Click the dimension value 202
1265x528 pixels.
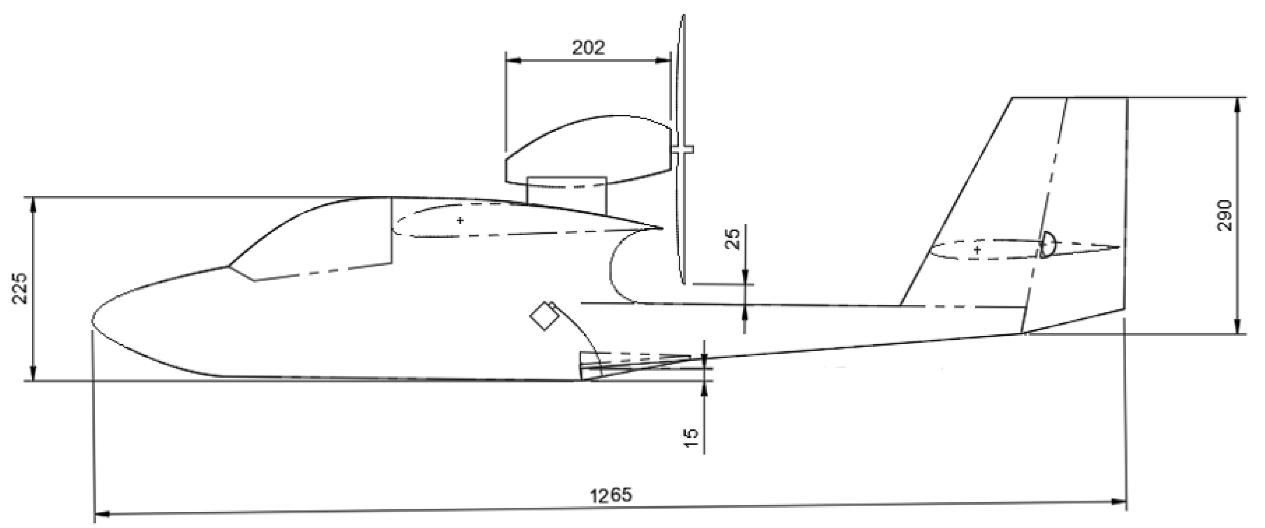588,48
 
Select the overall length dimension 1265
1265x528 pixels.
611,495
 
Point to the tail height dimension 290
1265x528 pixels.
1226,215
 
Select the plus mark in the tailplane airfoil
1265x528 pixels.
977,250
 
